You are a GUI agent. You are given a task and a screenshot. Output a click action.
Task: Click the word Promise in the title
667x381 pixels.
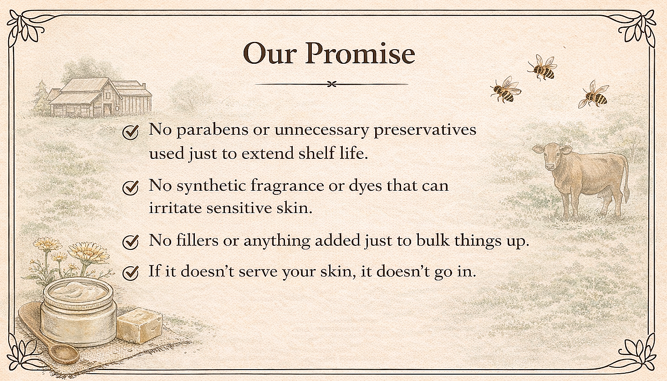coord(360,53)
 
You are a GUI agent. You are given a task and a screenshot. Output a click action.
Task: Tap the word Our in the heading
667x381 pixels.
coord(270,53)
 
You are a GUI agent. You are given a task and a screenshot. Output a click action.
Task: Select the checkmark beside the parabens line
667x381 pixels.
coord(130,132)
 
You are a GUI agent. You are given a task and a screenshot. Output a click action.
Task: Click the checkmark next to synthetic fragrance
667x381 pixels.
coord(130,188)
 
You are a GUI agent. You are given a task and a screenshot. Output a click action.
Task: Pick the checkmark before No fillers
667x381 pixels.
coord(130,242)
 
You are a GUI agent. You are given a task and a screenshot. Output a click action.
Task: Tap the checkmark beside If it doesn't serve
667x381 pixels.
coord(130,273)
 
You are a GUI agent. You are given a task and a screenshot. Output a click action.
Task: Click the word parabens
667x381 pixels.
coord(213,130)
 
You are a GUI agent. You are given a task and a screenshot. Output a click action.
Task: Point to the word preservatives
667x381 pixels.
coord(425,130)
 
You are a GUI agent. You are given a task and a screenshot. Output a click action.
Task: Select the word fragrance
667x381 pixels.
coord(287,186)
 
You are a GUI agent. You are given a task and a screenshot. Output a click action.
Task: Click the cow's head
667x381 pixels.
coord(551,155)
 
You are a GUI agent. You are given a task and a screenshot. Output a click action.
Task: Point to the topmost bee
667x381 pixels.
coord(542,68)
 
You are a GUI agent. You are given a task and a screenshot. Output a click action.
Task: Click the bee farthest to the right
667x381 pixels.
coord(594,94)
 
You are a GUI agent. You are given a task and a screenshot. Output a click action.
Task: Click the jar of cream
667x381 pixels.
coord(78,313)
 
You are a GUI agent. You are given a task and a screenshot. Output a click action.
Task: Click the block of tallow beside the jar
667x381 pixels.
coord(139,325)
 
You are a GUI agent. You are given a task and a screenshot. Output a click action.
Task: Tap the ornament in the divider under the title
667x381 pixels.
coord(332,84)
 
